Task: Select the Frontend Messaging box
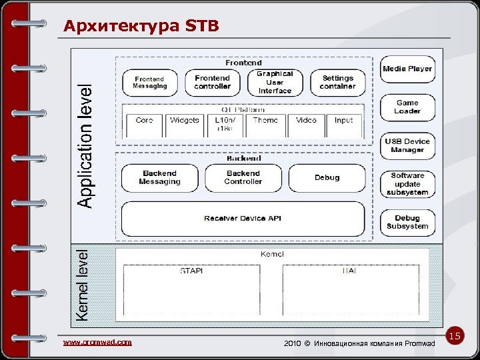(x=149, y=82)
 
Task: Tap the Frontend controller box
(x=212, y=82)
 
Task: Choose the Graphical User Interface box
(x=275, y=82)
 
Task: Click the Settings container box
(x=337, y=82)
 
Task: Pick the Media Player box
(x=407, y=69)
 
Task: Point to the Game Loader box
(x=407, y=107)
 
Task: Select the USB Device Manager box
(x=407, y=145)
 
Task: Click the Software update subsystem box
(x=407, y=184)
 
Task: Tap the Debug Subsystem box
(x=407, y=222)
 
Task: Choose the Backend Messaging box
(x=159, y=177)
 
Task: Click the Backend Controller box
(x=243, y=177)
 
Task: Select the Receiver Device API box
(x=243, y=219)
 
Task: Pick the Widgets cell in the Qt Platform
(x=185, y=121)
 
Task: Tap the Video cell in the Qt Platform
(x=306, y=121)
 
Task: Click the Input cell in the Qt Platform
(x=344, y=121)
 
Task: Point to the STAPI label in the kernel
(x=191, y=271)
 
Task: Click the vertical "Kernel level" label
(x=82, y=285)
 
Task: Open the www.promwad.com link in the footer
(x=97, y=342)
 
